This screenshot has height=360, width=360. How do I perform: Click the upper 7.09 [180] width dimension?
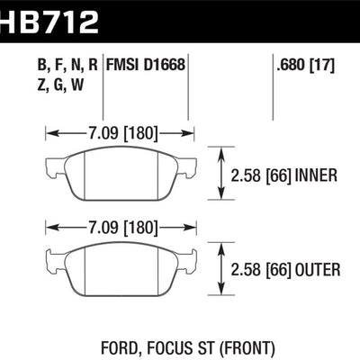pos(120,133)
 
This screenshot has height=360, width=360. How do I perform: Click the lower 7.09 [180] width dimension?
pos(120,226)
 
